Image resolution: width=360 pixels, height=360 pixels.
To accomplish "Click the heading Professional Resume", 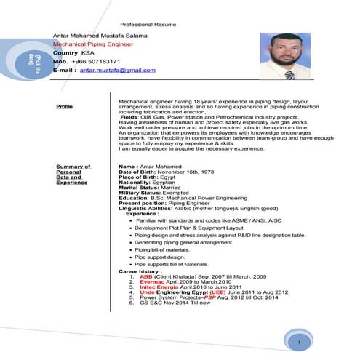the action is pyautogui.click(x=149, y=24).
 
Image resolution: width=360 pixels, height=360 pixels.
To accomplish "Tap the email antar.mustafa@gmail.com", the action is pyautogui.click(x=117, y=71).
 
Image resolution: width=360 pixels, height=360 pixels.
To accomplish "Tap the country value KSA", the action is pyautogui.click(x=88, y=54).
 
